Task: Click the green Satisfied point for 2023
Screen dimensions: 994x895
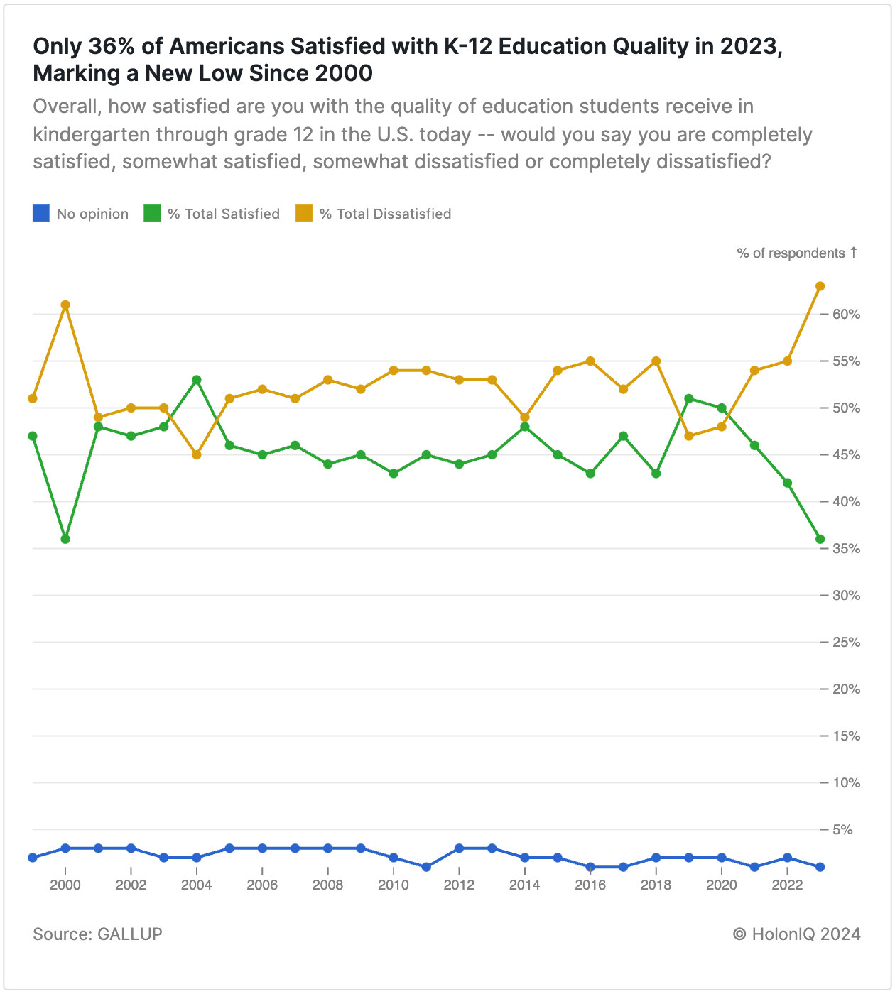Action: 820,539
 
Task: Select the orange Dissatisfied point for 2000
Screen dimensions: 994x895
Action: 65,305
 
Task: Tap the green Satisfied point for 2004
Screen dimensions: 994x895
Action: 197,380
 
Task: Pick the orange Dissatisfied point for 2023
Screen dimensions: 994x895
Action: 820,286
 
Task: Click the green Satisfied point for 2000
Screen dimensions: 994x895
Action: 65,539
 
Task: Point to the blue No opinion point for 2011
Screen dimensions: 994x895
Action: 426,867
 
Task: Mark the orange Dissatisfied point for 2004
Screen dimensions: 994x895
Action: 197,454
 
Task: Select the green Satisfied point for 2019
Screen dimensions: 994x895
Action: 688,398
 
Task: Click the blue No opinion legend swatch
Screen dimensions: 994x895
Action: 41,213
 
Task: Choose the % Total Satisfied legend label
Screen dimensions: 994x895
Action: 224,214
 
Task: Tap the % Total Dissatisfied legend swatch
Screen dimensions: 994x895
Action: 304,213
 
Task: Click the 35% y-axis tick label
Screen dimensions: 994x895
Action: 847,548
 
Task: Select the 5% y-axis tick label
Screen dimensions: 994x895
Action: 850,829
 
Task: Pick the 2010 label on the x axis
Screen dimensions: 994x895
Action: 394,885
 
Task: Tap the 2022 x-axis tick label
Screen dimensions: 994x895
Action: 787,885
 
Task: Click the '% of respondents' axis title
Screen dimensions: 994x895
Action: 791,253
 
